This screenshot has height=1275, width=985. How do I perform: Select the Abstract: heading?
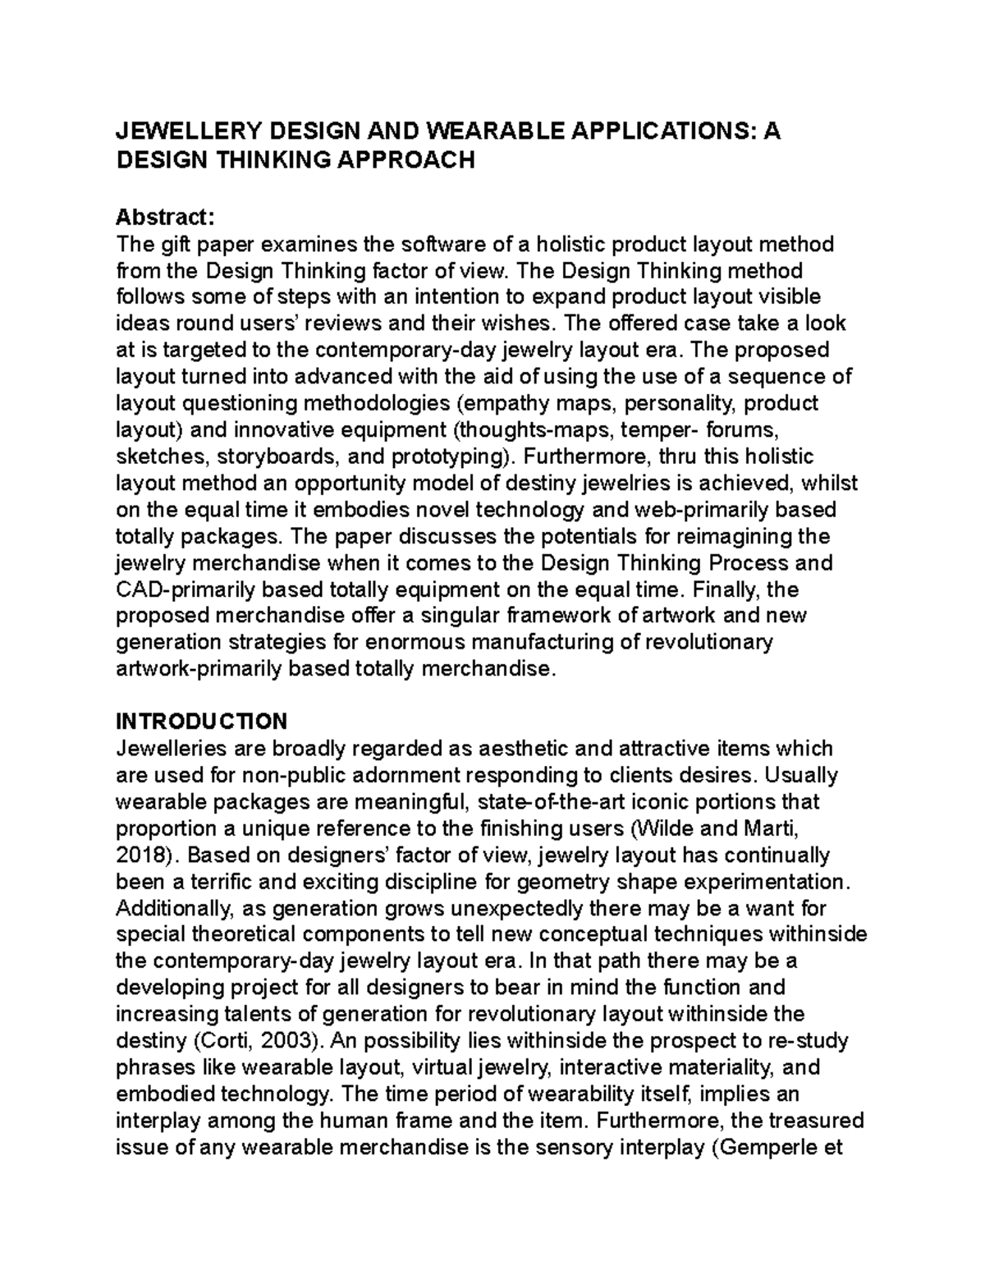165,218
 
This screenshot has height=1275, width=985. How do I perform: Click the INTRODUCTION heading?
201,721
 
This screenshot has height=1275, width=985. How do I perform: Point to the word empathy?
506,404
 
